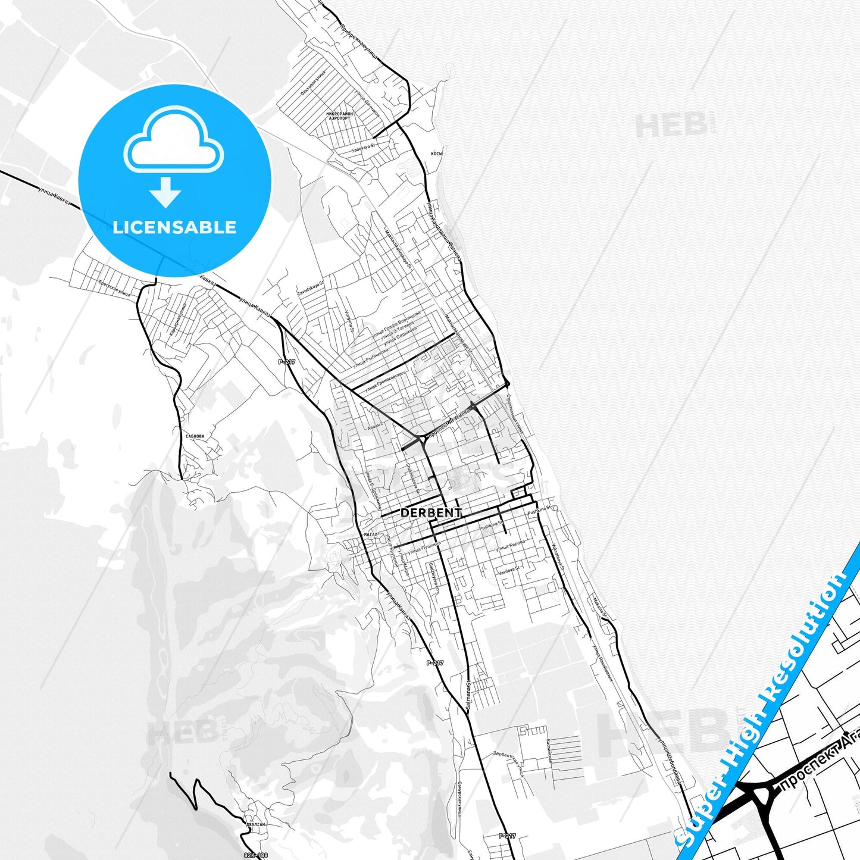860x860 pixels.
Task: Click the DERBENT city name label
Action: coord(431,512)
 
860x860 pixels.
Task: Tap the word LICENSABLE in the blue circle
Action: coord(174,227)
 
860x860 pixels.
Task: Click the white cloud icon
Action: coord(173,141)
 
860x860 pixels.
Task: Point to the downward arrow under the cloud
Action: coord(165,192)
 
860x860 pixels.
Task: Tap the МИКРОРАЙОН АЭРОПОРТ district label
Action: coord(339,115)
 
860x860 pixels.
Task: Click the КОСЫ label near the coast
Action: coord(436,154)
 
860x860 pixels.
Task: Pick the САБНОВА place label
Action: coord(195,436)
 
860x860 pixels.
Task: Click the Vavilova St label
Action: coord(509,570)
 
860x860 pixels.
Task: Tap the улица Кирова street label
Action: coord(511,545)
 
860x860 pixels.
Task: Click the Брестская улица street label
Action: coord(114,289)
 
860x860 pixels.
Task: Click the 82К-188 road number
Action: coord(252,855)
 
